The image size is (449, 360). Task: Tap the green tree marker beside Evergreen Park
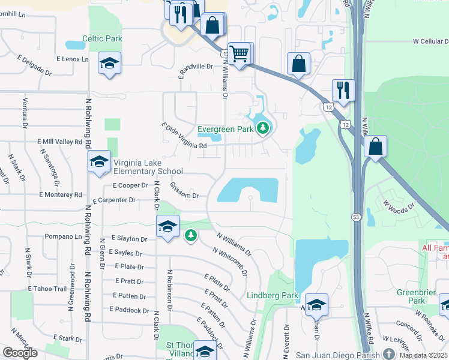(262, 128)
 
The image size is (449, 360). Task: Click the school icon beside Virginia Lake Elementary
(100, 161)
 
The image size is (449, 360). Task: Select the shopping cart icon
(240, 54)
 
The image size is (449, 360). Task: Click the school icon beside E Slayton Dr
(168, 226)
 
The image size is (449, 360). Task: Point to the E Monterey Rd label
(60, 195)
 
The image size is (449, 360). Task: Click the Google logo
(20, 353)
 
